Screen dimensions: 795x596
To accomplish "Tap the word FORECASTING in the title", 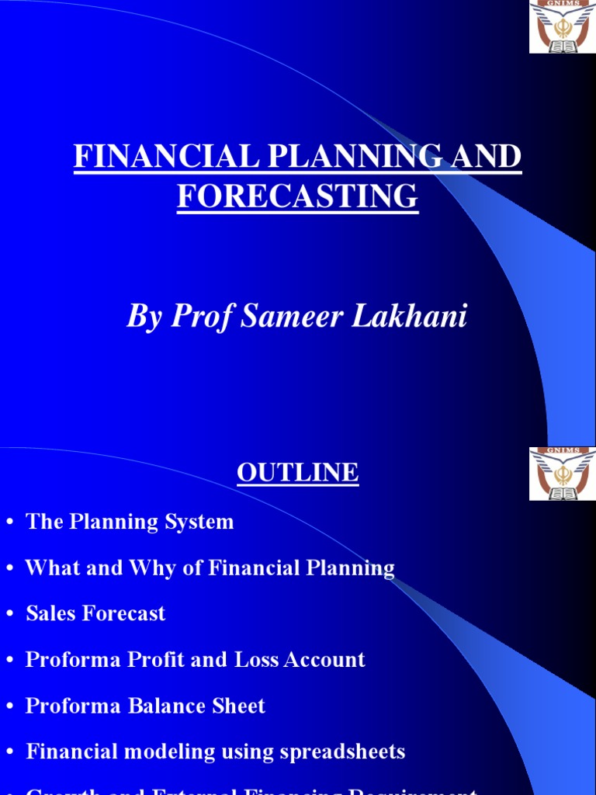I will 297,196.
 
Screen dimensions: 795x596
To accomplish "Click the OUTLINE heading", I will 297,472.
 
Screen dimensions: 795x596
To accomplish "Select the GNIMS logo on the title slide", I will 562,27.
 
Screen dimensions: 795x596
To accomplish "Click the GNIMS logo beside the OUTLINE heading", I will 562,474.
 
